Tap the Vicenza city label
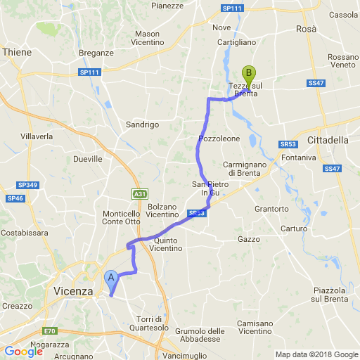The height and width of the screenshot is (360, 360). [x=72, y=290]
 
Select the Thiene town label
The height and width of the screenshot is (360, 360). [x=17, y=52]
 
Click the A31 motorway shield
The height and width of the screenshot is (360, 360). [x=139, y=193]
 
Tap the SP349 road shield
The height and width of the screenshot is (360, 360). [x=27, y=185]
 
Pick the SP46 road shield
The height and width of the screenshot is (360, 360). [x=15, y=199]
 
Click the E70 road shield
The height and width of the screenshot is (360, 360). [x=49, y=331]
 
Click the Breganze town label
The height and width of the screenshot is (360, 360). [x=97, y=53]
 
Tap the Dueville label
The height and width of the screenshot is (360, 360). [x=88, y=159]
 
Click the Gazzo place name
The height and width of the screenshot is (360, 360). [x=249, y=239]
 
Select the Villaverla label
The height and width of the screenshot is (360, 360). [x=37, y=135]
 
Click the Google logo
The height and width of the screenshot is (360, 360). [x=23, y=352]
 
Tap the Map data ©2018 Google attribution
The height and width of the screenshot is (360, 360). [x=316, y=354]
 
